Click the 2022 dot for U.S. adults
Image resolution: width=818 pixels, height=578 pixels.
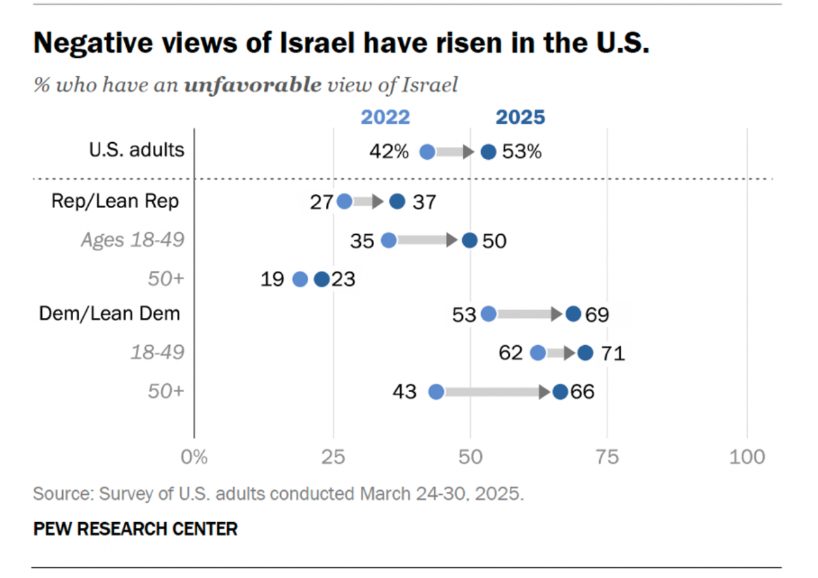(427, 152)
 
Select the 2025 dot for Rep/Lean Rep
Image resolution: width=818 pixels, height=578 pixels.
(397, 202)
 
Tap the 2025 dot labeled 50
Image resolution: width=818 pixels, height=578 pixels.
(469, 240)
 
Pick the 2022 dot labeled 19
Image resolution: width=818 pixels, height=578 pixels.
(301, 279)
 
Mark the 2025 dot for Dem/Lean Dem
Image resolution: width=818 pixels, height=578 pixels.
(573, 314)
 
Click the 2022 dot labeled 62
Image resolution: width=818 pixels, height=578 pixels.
(538, 353)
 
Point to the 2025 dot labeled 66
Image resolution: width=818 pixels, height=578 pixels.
(560, 392)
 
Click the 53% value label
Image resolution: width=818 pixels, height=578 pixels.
(522, 152)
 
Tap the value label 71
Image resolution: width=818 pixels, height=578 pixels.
(612, 353)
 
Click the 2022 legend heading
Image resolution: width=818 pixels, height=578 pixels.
(386, 117)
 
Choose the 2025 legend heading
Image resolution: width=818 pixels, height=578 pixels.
(520, 117)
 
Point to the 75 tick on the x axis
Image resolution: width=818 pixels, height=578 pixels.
(607, 457)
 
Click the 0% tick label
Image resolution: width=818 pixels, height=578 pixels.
(194, 457)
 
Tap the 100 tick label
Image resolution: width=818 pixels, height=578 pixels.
(747, 457)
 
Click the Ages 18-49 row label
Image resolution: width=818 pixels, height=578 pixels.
(133, 240)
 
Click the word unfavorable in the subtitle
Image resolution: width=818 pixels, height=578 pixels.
(252, 85)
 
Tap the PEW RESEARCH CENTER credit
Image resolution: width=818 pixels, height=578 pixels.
(135, 528)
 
